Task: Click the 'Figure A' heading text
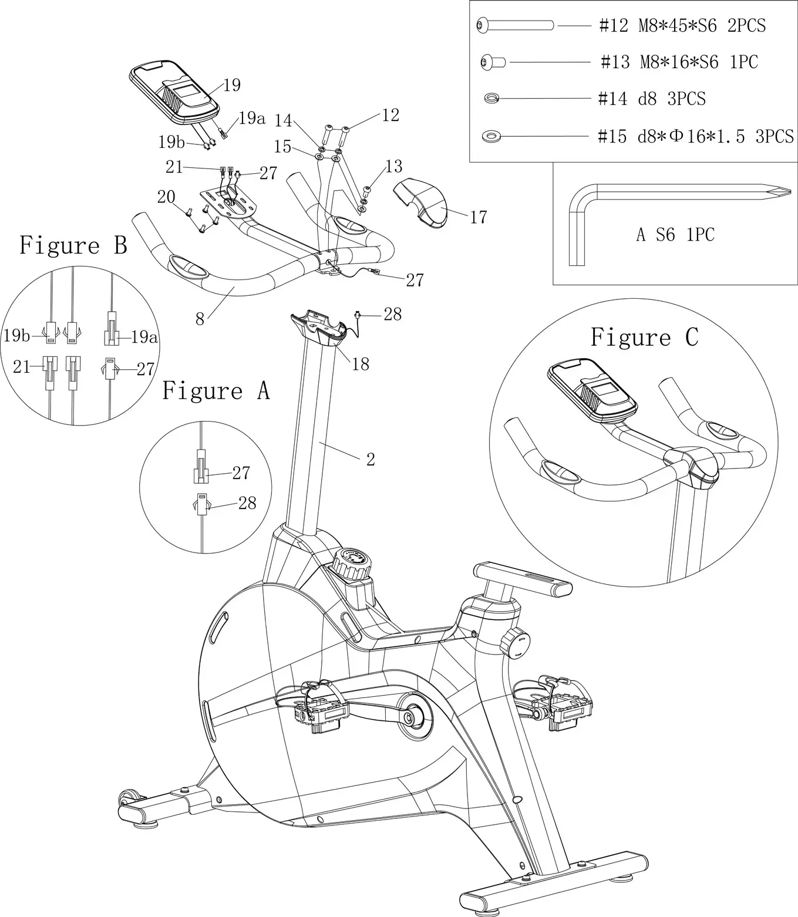click(216, 391)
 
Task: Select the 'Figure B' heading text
click(73, 245)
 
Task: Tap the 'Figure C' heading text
click(644, 338)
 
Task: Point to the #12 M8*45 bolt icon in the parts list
click(514, 25)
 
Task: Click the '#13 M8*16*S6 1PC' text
click(679, 62)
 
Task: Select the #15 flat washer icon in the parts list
click(491, 137)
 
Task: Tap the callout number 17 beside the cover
click(479, 218)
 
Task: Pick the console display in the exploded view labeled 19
click(174, 92)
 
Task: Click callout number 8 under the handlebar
click(200, 319)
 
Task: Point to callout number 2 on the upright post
click(371, 460)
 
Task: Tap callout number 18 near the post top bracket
click(360, 364)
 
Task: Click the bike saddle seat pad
click(523, 578)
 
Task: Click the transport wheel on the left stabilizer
click(127, 799)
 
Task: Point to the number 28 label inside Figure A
click(247, 503)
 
